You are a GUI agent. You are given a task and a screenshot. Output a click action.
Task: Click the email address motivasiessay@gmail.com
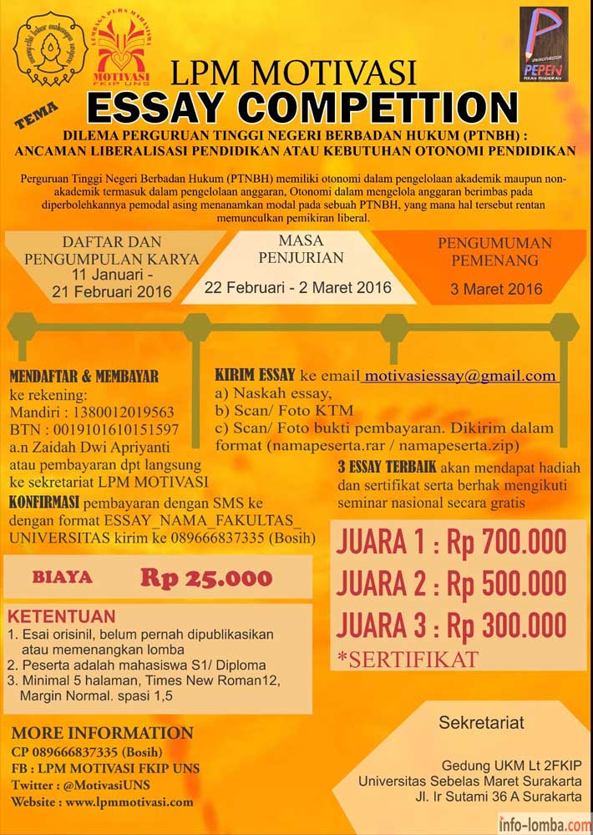(x=460, y=376)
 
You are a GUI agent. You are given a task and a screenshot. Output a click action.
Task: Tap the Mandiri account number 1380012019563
(x=122, y=412)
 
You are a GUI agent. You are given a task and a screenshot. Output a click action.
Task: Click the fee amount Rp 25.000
(x=205, y=577)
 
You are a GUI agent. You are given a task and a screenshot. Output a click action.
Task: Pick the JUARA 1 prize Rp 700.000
(x=507, y=544)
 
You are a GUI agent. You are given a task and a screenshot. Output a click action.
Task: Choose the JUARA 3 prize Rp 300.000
(x=507, y=625)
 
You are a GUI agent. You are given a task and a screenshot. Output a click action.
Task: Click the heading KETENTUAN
(x=62, y=617)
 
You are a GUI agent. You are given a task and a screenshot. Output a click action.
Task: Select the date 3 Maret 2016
(x=495, y=290)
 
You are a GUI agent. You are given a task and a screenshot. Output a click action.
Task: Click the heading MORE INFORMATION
(x=102, y=734)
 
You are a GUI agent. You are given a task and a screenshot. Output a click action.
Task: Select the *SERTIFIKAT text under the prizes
(x=408, y=659)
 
